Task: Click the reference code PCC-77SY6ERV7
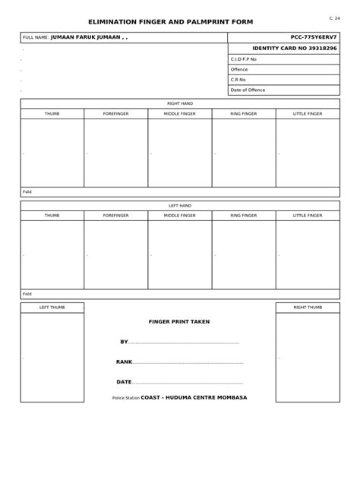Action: coord(314,36)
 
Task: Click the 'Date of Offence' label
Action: coord(248,90)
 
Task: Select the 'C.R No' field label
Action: coord(239,80)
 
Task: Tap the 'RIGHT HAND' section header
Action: coord(179,103)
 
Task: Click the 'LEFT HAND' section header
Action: coord(179,205)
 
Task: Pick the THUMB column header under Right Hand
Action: coord(52,113)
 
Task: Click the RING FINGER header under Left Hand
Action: coord(244,216)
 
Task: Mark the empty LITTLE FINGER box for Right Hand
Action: coord(308,152)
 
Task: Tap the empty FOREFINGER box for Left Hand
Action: coord(115,254)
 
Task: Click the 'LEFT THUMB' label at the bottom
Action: coord(52,307)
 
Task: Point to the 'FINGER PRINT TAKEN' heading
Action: coord(179,321)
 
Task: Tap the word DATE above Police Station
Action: coord(124,381)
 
